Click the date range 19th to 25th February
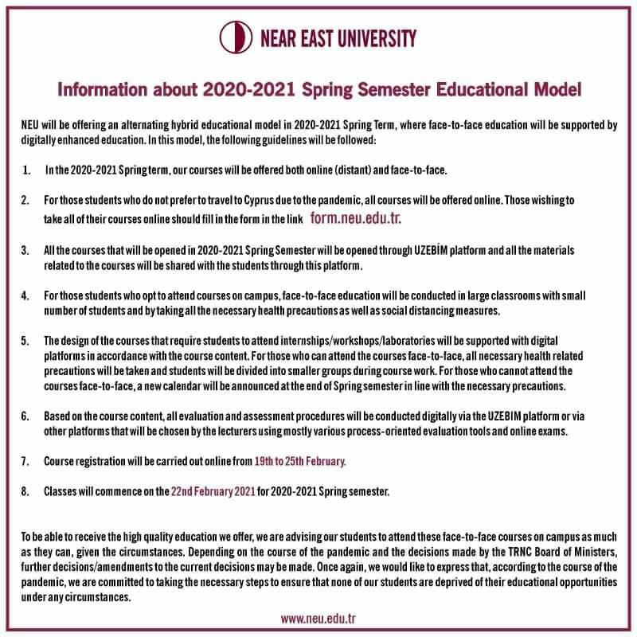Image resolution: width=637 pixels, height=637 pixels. [300, 460]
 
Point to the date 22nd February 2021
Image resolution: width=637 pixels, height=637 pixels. [213, 490]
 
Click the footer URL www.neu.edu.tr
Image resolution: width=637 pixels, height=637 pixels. [318, 617]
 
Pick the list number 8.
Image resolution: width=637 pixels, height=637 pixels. [25, 490]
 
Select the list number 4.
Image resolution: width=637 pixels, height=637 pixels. [25, 296]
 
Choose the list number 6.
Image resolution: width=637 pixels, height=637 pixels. [25, 416]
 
